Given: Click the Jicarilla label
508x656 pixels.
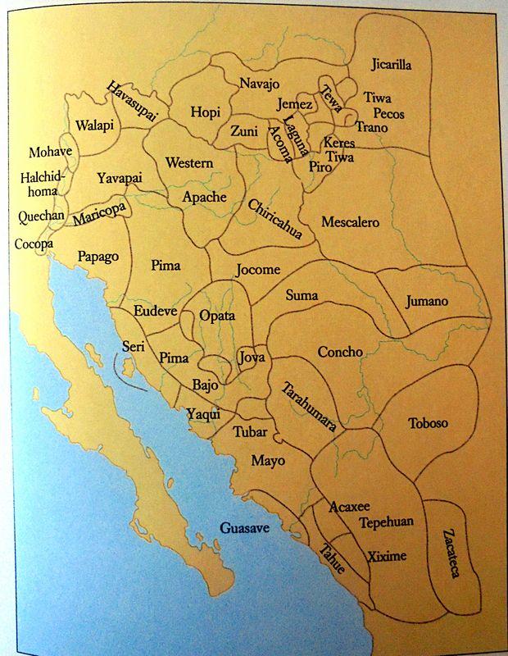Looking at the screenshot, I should (391, 64).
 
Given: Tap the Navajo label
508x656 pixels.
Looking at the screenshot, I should (260, 84).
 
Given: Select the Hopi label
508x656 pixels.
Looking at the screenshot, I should (205, 112).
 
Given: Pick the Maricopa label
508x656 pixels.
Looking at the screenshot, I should (98, 213).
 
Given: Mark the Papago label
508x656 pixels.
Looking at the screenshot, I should (98, 257).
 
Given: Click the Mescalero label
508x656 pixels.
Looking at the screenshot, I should (350, 222).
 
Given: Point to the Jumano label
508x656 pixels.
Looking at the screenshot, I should (427, 301).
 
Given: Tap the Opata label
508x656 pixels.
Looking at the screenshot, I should (217, 316).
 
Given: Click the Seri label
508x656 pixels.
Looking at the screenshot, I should (133, 346).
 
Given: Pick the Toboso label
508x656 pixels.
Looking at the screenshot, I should (428, 423).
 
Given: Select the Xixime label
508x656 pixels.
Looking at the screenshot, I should (386, 556).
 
